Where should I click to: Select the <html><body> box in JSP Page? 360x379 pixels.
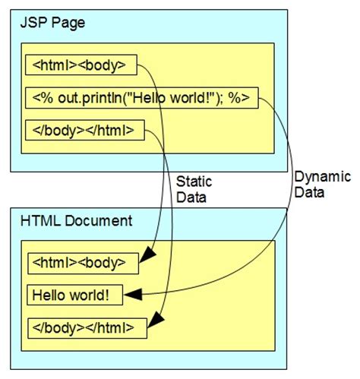point(81,65)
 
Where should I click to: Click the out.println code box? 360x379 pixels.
point(141,98)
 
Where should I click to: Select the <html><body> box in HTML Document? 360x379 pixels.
point(83,264)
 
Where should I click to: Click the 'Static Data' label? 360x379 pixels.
point(194,189)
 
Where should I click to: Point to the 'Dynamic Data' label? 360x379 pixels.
point(322,185)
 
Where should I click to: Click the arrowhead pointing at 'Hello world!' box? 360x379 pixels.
point(132,295)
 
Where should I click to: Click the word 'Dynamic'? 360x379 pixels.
point(322,177)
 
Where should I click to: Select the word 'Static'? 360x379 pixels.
point(194,182)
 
